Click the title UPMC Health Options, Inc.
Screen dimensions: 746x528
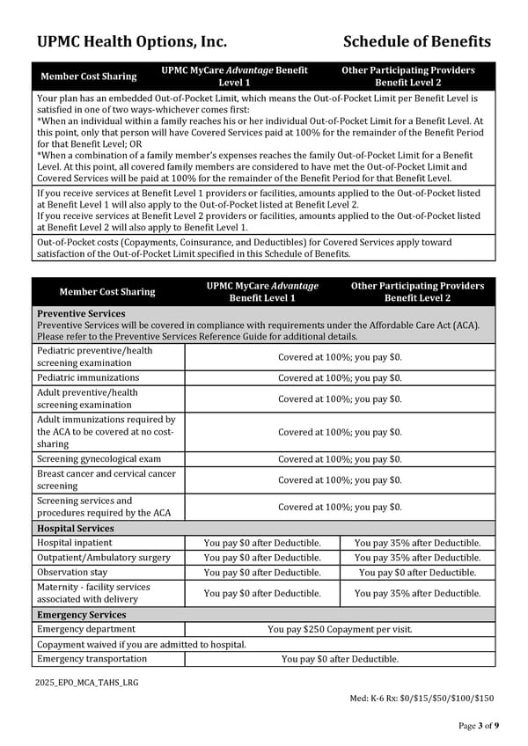tap(132, 41)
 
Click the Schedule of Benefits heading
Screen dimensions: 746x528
tap(417, 41)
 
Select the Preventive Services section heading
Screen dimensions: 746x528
tap(81, 313)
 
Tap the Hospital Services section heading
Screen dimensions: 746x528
tap(76, 528)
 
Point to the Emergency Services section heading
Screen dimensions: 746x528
tap(82, 614)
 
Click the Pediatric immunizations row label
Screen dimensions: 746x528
tap(86, 377)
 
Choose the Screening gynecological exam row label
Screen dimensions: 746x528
tap(99, 458)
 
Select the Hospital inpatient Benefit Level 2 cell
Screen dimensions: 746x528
tap(417, 543)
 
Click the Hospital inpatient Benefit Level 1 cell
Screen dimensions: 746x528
tap(262, 543)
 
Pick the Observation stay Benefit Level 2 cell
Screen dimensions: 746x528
tap(417, 572)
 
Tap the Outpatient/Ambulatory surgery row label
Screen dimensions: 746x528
tap(104, 558)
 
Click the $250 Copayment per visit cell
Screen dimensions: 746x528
tap(340, 629)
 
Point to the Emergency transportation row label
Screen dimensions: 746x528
tap(92, 658)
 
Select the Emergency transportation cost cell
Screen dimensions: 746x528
tap(340, 658)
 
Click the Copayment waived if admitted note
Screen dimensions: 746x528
tap(141, 644)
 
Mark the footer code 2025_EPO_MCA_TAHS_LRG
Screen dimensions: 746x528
tap(87, 683)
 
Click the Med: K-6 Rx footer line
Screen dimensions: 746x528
tap(422, 698)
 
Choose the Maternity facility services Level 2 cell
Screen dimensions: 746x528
tap(417, 593)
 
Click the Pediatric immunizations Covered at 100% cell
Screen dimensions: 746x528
tap(340, 377)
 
